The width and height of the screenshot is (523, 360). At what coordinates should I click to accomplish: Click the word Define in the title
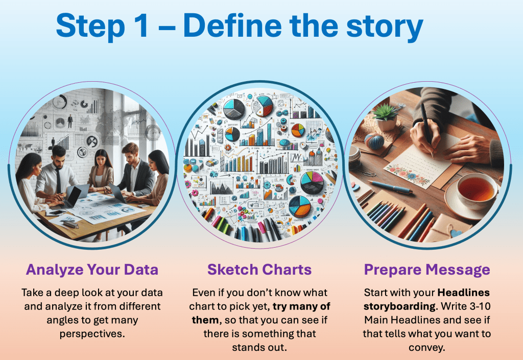tap(232, 26)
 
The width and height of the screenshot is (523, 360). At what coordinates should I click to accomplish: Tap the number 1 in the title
tap(140, 26)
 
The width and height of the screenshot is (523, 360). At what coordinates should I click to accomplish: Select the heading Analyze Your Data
tap(92, 270)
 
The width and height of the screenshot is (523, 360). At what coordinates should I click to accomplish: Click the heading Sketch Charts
tap(259, 269)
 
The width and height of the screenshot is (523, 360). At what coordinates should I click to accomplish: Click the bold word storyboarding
tap(399, 306)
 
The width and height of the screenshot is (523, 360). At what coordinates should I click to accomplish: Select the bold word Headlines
tap(464, 292)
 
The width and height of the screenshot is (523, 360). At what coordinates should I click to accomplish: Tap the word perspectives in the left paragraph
tap(91, 334)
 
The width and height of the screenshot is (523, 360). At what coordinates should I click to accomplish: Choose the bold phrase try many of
tap(301, 306)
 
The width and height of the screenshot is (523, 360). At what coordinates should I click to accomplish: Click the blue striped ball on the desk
tap(374, 141)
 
